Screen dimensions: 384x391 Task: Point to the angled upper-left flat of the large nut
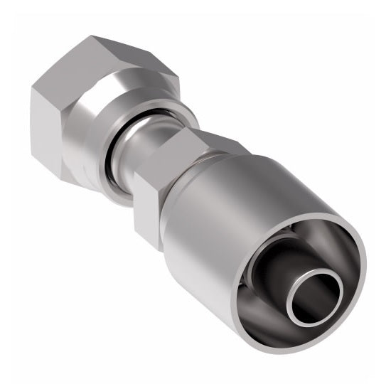(x=60, y=68)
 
